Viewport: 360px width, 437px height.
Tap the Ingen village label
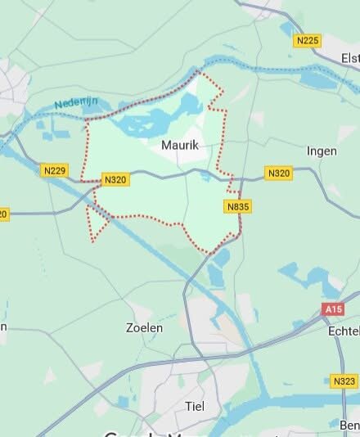[x=321, y=151]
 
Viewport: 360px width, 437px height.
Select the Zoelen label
[x=144, y=327]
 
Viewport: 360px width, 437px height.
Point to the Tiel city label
[x=195, y=406]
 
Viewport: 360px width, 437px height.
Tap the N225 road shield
[x=308, y=40]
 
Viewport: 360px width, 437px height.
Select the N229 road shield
[x=54, y=170]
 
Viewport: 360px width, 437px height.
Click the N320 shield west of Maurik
[x=115, y=178]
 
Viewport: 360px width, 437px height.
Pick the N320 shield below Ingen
[x=278, y=173]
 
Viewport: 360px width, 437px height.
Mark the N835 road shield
[x=237, y=207]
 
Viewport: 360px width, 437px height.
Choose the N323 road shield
[x=344, y=381]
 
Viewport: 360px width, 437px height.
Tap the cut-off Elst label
[x=350, y=58]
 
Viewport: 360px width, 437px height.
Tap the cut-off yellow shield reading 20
[x=3, y=214]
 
